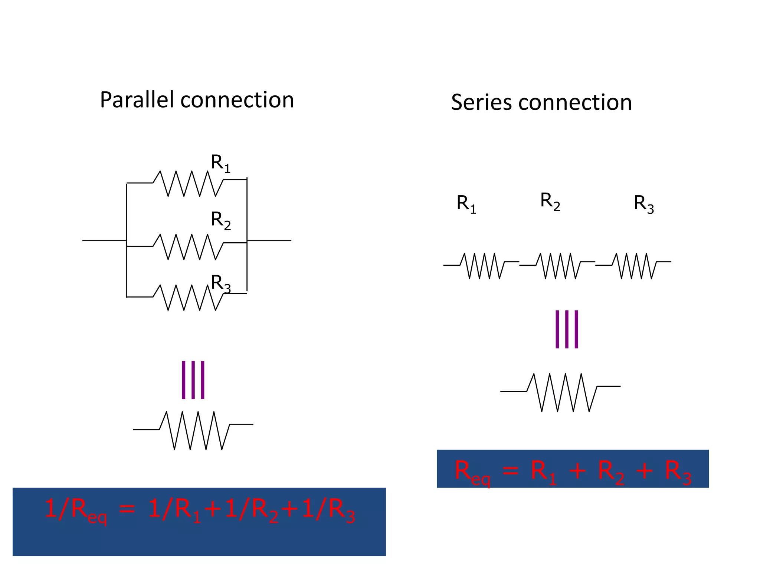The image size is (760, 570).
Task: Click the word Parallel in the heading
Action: click(x=137, y=100)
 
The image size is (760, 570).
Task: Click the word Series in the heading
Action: click(x=482, y=102)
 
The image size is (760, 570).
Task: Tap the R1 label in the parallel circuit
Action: click(x=220, y=163)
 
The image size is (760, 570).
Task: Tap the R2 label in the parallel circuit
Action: click(x=220, y=220)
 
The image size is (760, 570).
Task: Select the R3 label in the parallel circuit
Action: click(x=220, y=284)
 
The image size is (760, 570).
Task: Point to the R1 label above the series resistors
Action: click(x=466, y=204)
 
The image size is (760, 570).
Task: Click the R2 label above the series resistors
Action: click(x=550, y=201)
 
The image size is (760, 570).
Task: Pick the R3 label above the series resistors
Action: click(x=643, y=204)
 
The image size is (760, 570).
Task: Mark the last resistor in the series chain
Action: click(x=635, y=266)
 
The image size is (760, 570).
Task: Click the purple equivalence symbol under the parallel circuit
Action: click(x=193, y=380)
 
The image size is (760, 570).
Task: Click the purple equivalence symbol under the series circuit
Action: click(x=566, y=329)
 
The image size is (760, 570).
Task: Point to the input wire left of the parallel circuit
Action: click(x=104, y=241)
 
